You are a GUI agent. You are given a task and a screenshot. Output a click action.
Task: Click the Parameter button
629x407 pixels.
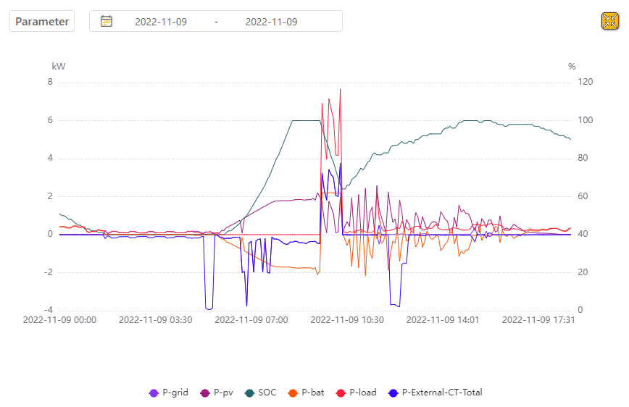(42, 21)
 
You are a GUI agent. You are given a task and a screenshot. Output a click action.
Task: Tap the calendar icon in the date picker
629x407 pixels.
(107, 21)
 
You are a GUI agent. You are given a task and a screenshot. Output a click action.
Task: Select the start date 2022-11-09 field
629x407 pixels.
(161, 22)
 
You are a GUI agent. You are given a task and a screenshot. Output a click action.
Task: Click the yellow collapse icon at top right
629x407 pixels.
(610, 21)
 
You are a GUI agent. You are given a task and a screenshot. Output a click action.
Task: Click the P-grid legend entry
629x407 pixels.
(168, 393)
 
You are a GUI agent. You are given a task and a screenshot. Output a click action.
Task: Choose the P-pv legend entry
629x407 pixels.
(217, 393)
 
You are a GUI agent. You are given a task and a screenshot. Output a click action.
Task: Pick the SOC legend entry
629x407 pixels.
(261, 393)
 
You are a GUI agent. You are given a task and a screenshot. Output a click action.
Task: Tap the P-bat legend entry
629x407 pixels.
(306, 393)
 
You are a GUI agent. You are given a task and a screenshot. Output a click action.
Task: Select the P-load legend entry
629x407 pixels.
(357, 393)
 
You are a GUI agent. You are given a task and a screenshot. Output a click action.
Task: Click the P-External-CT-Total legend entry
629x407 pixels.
(436, 393)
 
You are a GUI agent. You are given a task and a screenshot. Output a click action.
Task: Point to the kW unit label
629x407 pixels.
(59, 67)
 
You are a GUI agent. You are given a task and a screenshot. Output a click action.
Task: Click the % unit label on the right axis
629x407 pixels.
(572, 67)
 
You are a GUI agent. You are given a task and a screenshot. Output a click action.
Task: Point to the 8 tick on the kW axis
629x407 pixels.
(50, 82)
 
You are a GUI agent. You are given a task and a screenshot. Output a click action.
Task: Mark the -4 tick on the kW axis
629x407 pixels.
(49, 310)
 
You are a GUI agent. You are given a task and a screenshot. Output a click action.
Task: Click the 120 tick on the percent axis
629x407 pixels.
(586, 82)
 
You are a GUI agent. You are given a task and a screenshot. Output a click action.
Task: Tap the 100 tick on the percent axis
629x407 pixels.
(586, 120)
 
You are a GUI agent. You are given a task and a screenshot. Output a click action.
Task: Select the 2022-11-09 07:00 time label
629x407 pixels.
(251, 320)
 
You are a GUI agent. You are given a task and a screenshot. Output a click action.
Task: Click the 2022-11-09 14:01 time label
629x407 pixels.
(443, 320)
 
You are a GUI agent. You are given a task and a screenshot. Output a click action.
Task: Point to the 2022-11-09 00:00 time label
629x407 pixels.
(59, 320)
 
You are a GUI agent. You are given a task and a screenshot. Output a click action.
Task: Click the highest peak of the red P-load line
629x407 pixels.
(340, 89)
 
